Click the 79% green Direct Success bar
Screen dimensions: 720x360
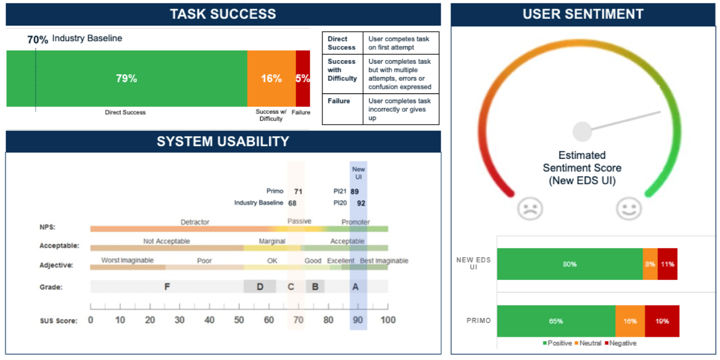(127, 78)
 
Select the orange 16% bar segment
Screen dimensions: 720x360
(272, 78)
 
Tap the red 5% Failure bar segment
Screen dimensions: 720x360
(303, 78)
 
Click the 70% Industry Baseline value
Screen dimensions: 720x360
(37, 39)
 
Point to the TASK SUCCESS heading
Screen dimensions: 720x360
(223, 14)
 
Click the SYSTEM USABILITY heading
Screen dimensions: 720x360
(223, 142)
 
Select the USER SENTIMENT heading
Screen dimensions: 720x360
(583, 14)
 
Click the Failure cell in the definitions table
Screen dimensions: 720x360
(343, 109)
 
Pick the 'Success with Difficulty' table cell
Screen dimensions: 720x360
(343, 74)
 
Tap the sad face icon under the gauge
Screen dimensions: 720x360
(530, 209)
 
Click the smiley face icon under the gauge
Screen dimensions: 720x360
(629, 209)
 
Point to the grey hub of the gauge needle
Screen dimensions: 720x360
(582, 132)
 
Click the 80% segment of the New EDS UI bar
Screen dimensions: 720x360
(570, 264)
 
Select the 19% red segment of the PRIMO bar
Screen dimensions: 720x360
(662, 321)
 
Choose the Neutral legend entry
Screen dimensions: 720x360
(588, 343)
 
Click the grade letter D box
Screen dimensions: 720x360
(260, 287)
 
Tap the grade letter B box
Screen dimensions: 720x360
(315, 287)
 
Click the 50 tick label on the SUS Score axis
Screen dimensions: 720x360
(239, 320)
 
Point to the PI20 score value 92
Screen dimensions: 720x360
(361, 203)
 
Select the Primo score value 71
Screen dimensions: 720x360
(298, 192)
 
